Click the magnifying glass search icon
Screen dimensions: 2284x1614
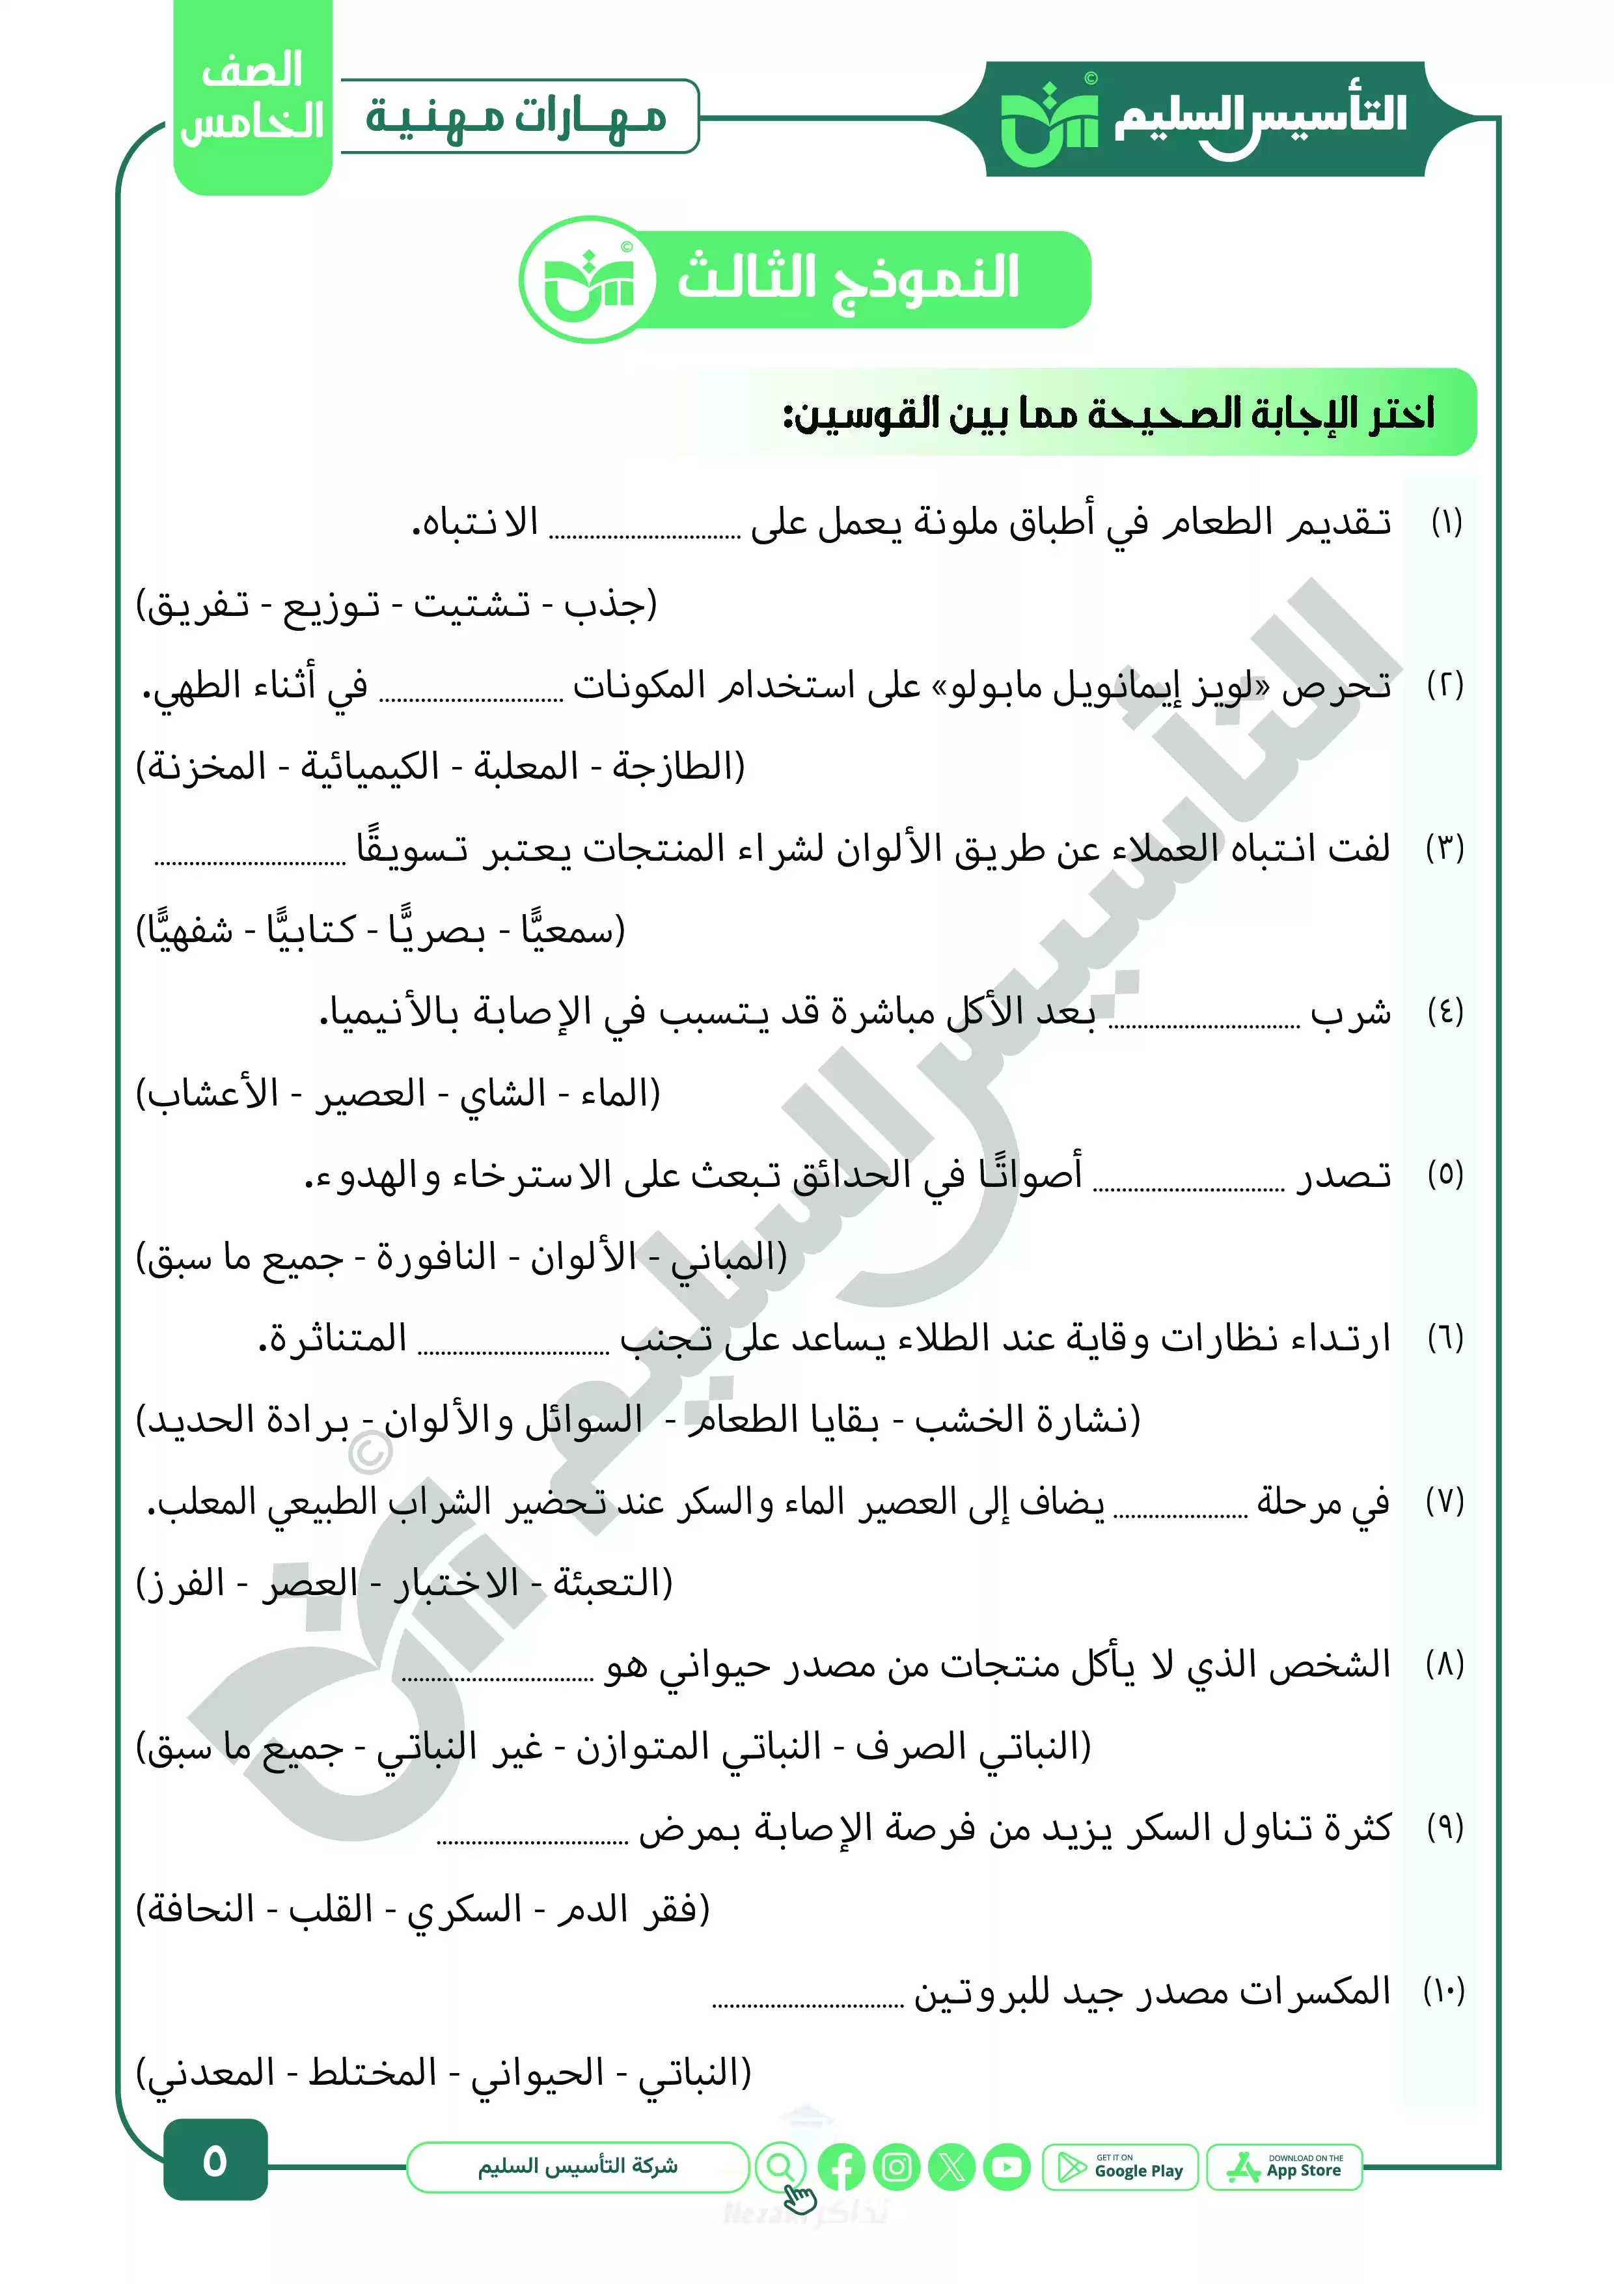pos(781,2166)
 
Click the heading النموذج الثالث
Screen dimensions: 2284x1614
pos(848,277)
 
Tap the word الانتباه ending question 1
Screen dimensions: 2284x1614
pos(475,522)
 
